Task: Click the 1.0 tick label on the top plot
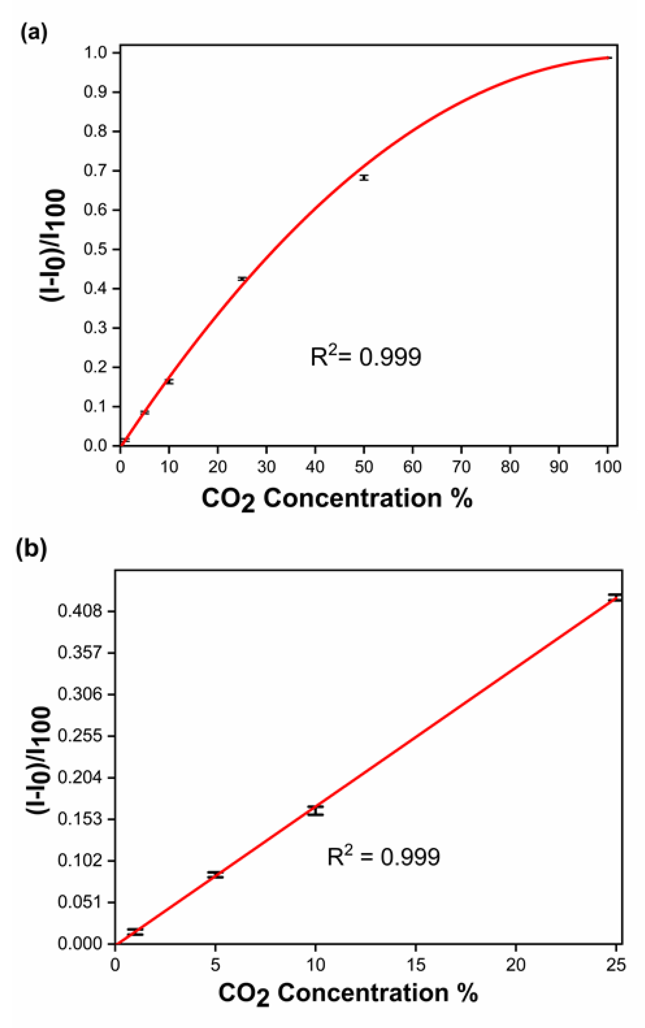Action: tap(96, 53)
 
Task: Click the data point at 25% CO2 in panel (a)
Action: tap(242, 279)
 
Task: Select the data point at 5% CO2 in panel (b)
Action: tap(215, 875)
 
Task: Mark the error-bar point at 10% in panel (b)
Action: tap(315, 811)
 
